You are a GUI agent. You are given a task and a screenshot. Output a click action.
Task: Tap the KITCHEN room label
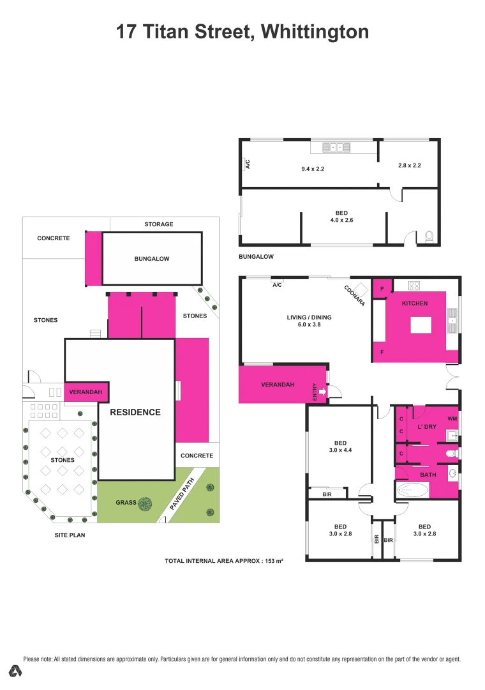pos(415,303)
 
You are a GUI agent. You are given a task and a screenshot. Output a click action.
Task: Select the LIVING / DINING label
pos(309,321)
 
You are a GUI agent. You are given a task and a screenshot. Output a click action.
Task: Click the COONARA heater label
pos(354,296)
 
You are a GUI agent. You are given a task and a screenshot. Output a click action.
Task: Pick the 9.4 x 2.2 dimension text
pos(313,169)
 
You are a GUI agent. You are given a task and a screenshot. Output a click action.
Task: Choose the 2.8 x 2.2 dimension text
pos(409,165)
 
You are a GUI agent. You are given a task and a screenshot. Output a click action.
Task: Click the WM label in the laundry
pos(452,418)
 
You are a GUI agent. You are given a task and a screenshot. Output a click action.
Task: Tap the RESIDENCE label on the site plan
pos(135,412)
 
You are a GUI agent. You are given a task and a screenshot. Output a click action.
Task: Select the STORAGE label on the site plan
pos(158,224)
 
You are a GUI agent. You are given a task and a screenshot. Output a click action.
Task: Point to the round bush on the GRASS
pos(145,503)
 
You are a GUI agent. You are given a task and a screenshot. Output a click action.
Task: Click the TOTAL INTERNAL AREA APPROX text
pos(223,560)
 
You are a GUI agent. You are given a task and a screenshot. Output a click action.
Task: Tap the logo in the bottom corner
pos(17,671)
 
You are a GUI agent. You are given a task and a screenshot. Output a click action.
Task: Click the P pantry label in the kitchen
pos(382,287)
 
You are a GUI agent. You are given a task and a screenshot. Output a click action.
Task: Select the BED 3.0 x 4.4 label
pos(340,447)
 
